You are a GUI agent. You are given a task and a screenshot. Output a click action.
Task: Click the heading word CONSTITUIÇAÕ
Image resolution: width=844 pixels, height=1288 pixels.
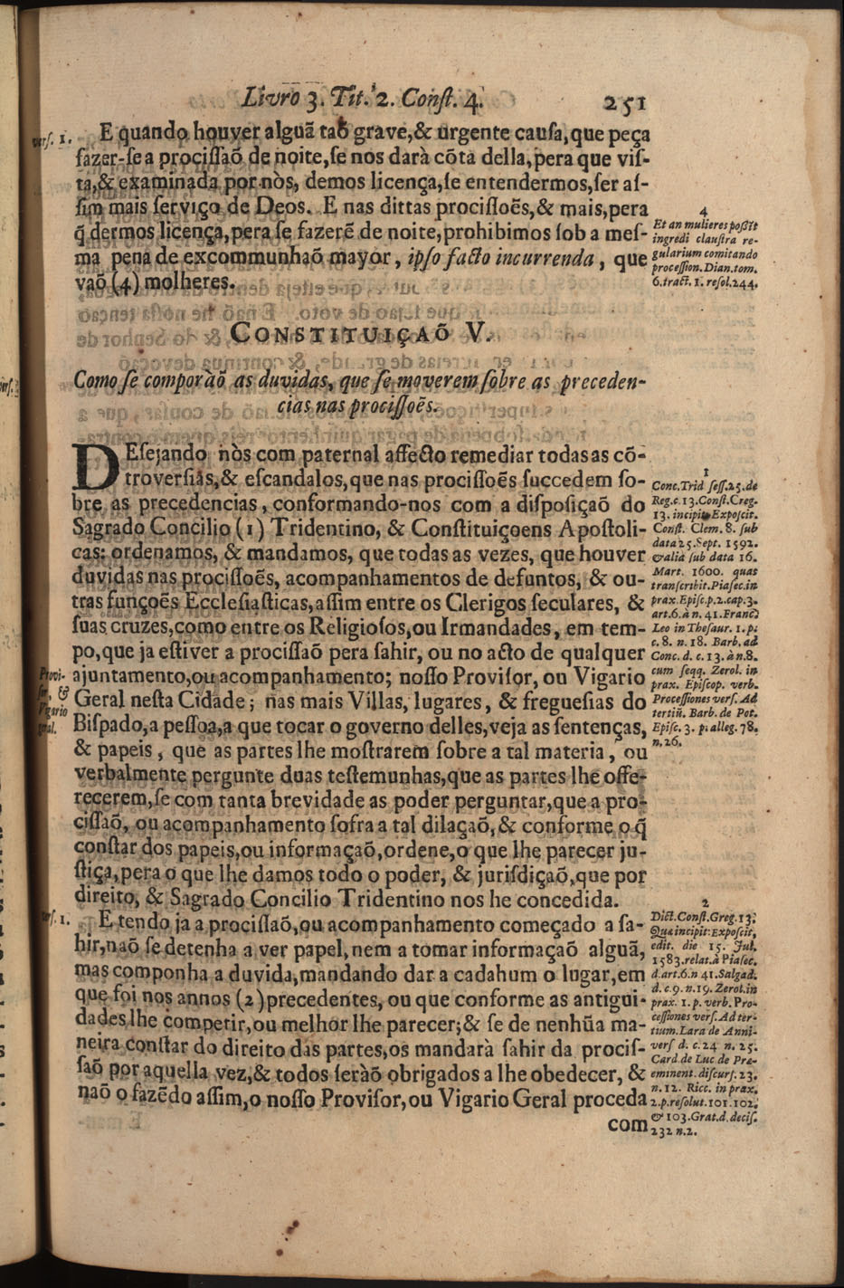337,333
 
